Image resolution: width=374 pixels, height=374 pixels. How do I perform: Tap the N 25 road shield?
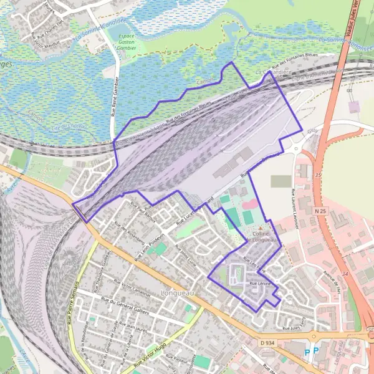321,212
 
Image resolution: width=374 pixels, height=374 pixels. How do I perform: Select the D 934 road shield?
266,343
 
